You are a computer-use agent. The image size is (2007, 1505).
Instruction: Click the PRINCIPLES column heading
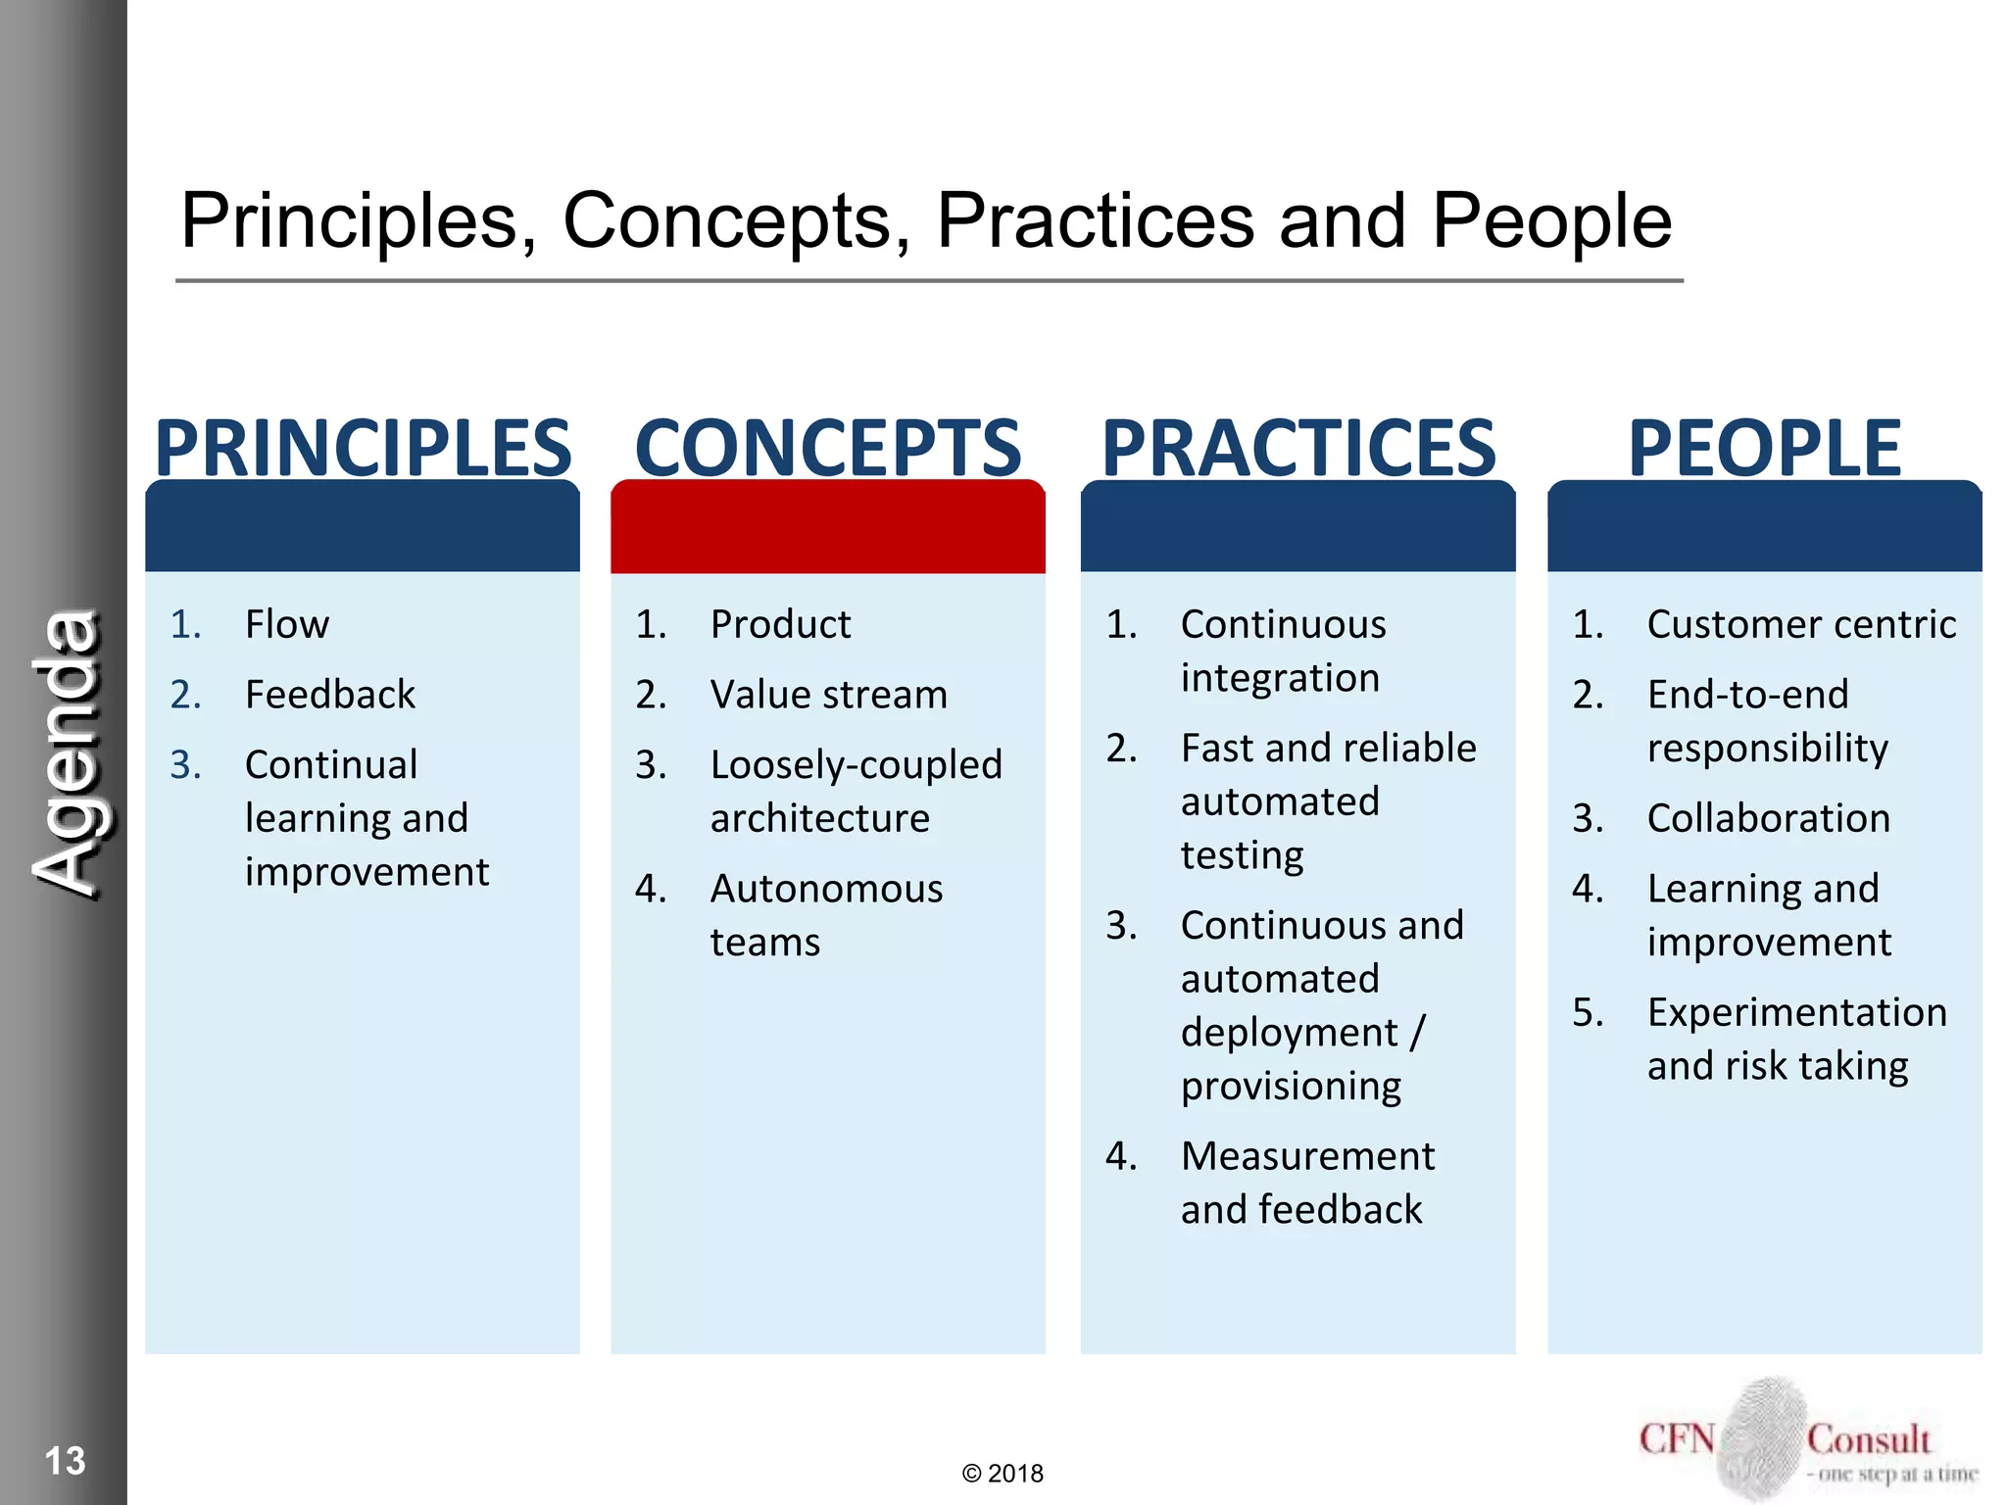coord(363,449)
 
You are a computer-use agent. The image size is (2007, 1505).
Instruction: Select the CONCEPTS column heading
coord(828,449)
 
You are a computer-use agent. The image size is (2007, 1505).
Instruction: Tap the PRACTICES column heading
coord(1298,449)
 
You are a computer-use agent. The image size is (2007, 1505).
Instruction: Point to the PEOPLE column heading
coord(1764,449)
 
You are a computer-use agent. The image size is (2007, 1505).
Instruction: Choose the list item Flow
coord(287,624)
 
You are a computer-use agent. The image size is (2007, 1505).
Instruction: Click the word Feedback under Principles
coord(330,695)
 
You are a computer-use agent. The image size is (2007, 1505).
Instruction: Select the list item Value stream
coord(828,695)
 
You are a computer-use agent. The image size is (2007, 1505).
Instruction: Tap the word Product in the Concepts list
coord(780,624)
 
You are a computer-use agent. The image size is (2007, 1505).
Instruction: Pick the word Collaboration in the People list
coord(1768,818)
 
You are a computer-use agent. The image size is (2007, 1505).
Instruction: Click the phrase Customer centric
coord(1801,624)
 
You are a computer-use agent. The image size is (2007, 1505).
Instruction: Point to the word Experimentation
coord(1796,1012)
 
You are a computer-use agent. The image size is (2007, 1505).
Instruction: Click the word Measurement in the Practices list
coord(1307,1156)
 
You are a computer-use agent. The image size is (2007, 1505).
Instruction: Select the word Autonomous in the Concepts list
coord(826,889)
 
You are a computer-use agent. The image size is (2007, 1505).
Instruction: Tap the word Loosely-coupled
coord(856,765)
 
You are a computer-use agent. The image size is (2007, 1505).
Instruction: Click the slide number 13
coord(65,1461)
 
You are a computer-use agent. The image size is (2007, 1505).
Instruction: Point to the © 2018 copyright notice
coord(1003,1474)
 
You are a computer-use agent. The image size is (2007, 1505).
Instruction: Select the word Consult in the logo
coord(1868,1439)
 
